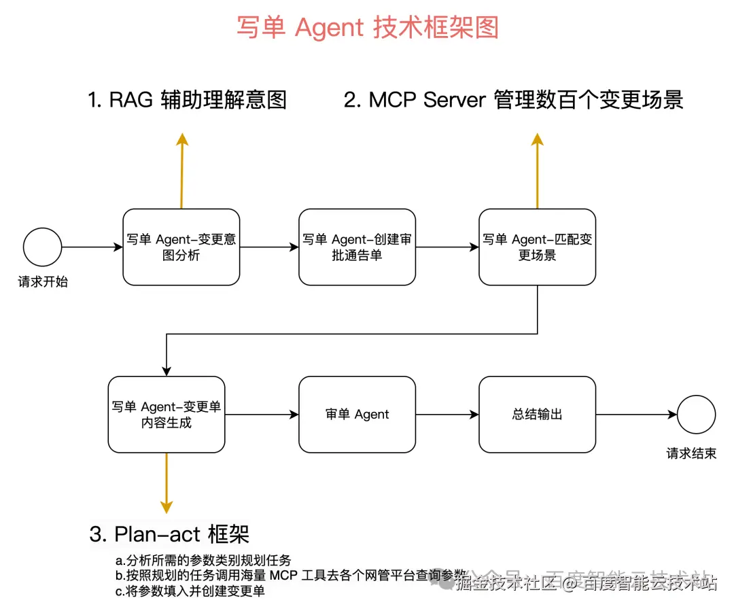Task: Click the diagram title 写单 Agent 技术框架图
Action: click(368, 28)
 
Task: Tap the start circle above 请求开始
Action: click(42, 247)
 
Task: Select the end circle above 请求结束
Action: click(696, 415)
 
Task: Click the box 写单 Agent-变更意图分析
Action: click(181, 247)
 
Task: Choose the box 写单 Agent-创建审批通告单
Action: click(357, 247)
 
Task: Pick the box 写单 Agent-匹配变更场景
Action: click(537, 247)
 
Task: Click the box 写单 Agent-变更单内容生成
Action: click(167, 415)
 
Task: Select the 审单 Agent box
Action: click(357, 415)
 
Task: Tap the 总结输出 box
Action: click(537, 415)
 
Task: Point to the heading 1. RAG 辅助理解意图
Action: click(188, 100)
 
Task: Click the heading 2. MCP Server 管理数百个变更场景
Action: click(513, 100)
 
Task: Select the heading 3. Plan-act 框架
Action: click(169, 534)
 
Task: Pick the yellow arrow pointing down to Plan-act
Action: click(167, 483)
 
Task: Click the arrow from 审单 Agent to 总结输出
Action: click(447, 415)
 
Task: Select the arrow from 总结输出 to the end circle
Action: click(635, 415)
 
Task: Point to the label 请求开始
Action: click(43, 282)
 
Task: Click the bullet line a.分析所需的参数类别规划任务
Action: click(203, 560)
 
